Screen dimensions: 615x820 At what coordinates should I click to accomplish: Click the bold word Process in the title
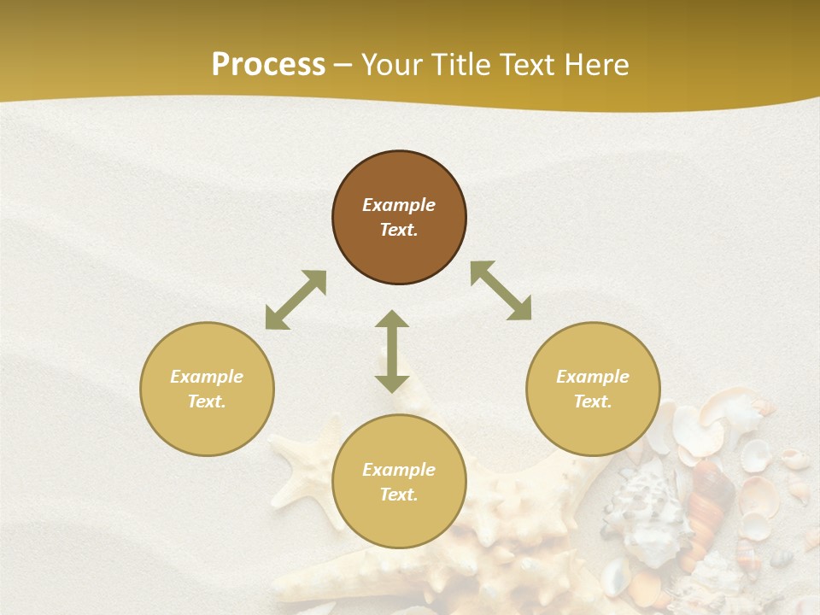coord(268,65)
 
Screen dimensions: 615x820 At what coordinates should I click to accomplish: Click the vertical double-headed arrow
coord(392,351)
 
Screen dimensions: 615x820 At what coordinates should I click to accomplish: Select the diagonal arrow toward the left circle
coord(296,300)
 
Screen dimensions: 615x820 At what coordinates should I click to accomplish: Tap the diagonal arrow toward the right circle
coord(501,290)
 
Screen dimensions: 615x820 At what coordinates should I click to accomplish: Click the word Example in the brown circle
coord(399,205)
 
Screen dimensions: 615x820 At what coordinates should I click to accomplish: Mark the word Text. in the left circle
coord(207,401)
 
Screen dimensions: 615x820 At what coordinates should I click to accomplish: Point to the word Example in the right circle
coord(593,377)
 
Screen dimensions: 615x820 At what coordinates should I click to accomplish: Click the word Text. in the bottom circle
coord(399,495)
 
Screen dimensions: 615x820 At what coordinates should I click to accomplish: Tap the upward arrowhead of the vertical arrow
coord(392,319)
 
